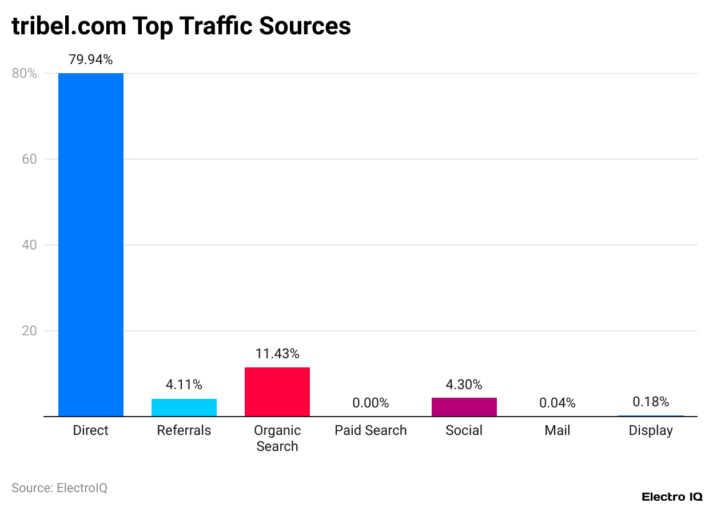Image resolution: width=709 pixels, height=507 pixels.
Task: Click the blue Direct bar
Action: pos(91,245)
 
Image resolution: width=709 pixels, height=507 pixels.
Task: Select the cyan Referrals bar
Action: pos(184,407)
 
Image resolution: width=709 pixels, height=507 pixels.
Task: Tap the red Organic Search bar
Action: pos(277,392)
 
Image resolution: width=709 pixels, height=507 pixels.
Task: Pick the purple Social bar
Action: pos(464,407)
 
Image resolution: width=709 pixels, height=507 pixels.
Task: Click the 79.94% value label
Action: pos(91,60)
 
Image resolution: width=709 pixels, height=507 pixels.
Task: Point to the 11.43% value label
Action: pos(277,354)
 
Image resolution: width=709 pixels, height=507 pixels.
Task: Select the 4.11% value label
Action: pos(184,385)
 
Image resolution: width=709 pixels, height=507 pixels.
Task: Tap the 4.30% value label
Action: pos(464,385)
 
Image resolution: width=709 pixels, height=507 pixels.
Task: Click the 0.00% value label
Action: pos(371,403)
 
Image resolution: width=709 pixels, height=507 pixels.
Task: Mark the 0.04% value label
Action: pos(557,403)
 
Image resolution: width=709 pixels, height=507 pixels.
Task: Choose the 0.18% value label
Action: pos(651,401)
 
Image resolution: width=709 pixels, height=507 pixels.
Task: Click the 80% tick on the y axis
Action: pos(24,74)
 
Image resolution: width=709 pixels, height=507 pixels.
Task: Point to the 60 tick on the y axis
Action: pos(30,159)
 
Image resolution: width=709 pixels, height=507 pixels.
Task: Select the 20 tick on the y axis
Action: pos(30,331)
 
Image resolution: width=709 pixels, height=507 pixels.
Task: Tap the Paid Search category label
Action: pos(371,430)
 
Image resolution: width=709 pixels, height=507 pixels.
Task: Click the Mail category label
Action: pos(557,430)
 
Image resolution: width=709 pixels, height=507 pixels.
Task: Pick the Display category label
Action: pos(651,430)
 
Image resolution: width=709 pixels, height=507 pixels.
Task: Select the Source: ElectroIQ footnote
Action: pos(59,488)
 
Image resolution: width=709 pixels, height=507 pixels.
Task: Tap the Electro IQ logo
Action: pos(672,497)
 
